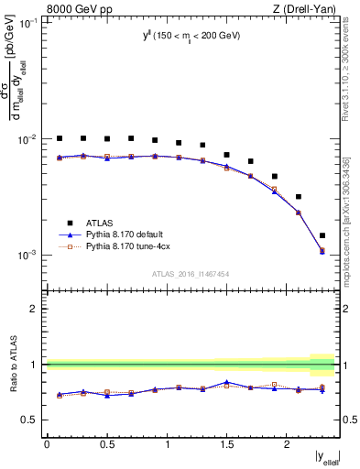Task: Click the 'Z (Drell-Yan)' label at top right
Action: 303,9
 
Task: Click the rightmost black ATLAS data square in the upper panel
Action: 322,235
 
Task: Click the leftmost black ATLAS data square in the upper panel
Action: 60,138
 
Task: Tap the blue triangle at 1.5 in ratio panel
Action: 226,382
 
